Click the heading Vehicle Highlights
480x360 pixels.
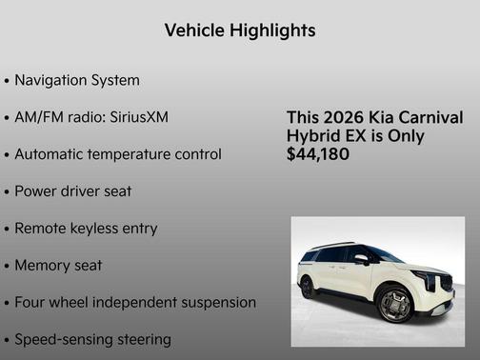pos(240,30)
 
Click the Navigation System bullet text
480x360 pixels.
pos(77,80)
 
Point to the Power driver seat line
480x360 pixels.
pos(73,190)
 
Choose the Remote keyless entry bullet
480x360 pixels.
pos(86,229)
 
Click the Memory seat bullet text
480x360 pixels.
pos(58,265)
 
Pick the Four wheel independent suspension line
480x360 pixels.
pos(134,302)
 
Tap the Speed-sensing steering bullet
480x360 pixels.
pos(92,339)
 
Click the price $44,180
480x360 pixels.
pos(317,153)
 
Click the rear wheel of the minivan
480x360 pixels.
pos(308,287)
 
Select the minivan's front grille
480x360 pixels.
pos(447,282)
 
